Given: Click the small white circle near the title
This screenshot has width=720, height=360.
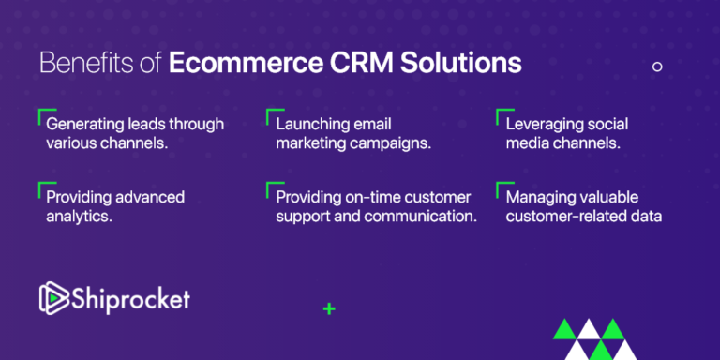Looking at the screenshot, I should [657, 67].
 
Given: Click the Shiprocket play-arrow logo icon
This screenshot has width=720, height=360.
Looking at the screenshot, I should [51, 297].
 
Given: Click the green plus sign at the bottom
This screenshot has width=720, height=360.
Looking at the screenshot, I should [328, 307].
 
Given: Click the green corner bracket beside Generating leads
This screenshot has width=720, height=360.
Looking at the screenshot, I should [41, 114].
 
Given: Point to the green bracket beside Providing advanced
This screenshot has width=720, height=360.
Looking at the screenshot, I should [41, 187].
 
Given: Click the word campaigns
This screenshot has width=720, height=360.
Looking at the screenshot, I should [390, 143].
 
